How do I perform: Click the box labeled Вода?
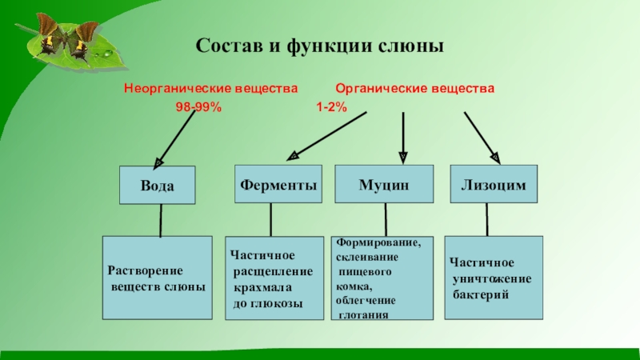tap(158, 185)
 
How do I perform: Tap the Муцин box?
tap(384, 184)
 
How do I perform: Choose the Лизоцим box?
tap(494, 184)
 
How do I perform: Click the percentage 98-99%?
tap(198, 106)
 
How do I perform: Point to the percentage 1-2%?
tap(331, 106)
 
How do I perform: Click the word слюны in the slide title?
tap(414, 46)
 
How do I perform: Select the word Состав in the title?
tap(225, 46)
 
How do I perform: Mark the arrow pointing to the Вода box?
tap(174, 137)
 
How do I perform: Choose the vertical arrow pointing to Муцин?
tap(403, 134)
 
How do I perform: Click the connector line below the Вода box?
tap(161, 220)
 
